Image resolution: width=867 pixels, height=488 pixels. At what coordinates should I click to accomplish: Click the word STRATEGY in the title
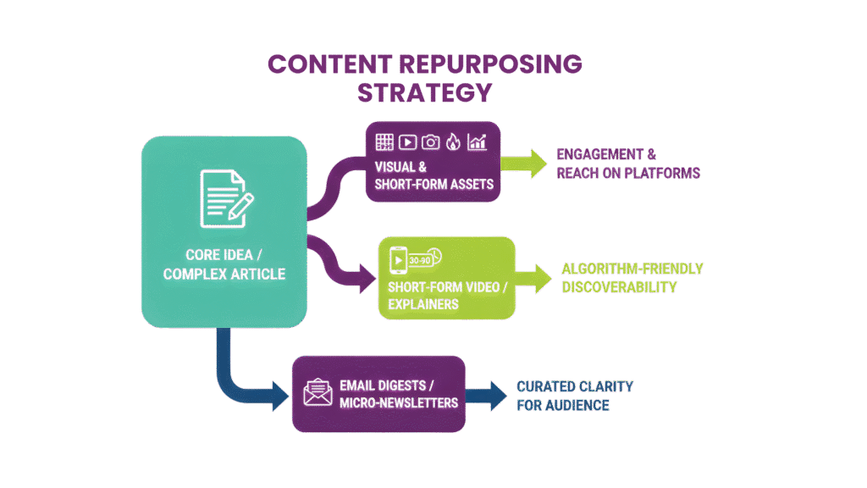click(x=423, y=93)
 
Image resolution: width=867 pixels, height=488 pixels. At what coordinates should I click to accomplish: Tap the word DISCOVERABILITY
click(x=619, y=287)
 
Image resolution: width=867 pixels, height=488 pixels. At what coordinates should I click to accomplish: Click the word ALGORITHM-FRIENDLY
click(x=632, y=269)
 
